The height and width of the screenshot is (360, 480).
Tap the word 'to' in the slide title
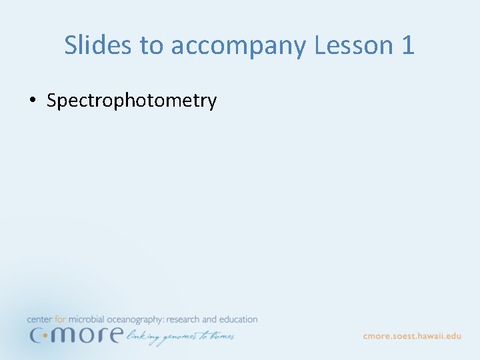tap(153, 45)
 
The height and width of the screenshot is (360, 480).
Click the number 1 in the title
tap(408, 45)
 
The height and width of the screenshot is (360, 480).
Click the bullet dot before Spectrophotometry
tap(32, 101)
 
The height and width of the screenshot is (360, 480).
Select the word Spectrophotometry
tap(131, 101)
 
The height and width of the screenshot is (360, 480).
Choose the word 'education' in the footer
tap(239, 320)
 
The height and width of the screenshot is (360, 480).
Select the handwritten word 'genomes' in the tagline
tap(179, 337)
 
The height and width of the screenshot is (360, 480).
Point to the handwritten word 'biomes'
tap(221, 335)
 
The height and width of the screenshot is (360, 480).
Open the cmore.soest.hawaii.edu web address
tap(412, 336)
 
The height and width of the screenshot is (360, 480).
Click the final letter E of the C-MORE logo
tap(114, 334)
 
